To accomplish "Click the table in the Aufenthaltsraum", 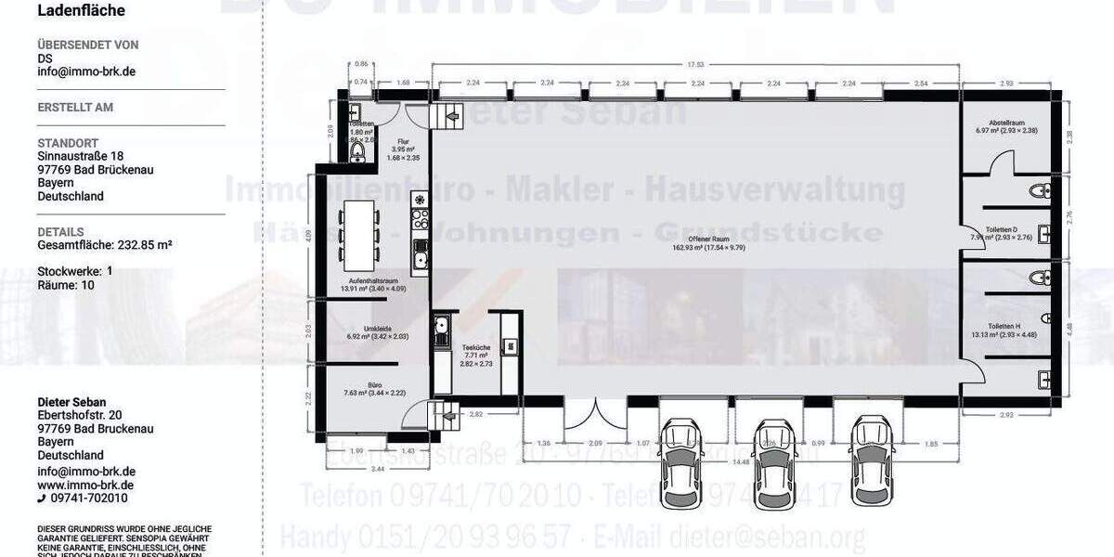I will tap(356, 230).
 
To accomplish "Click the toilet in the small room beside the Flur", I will tap(358, 150).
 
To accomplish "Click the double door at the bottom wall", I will tap(590, 418).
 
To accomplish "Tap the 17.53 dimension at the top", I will tap(695, 65).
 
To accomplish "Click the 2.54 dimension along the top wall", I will tap(920, 83).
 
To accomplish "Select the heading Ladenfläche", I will tap(81, 11).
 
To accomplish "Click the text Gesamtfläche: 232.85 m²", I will tap(105, 245).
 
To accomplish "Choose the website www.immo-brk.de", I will tap(85, 485).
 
